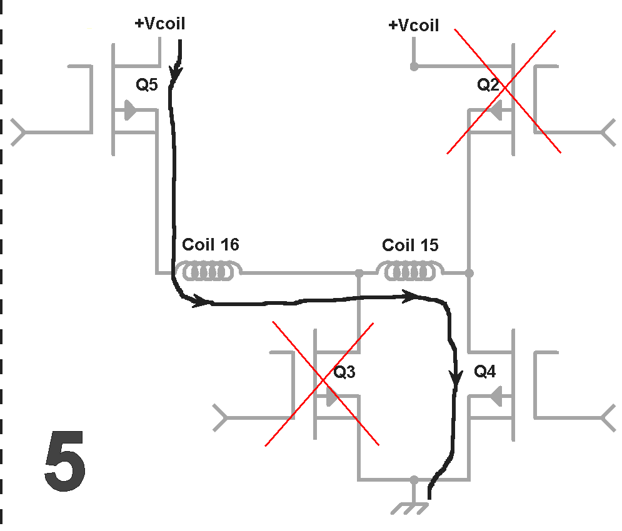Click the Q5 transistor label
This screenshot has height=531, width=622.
click(147, 84)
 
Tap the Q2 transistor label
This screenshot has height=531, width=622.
click(488, 84)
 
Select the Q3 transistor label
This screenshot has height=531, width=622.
click(344, 372)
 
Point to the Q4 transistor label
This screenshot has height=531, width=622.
click(484, 371)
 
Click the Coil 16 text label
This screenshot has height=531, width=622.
click(211, 245)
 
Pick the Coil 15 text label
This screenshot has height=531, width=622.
click(410, 245)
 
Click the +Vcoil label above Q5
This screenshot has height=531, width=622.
click(160, 24)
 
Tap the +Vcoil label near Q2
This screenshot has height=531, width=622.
click(414, 26)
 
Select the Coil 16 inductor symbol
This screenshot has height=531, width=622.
click(209, 271)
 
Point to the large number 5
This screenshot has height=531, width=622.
click(65, 461)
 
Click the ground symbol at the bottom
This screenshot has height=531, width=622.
click(409, 509)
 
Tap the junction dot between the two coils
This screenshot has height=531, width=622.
click(359, 273)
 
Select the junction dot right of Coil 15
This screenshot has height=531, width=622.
click(469, 273)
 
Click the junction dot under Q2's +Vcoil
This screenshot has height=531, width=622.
click(414, 67)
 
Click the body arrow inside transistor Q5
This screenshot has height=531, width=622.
click(130, 110)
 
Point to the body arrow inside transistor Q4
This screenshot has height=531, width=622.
click(496, 396)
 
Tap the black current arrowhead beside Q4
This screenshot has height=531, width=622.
click(456, 378)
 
